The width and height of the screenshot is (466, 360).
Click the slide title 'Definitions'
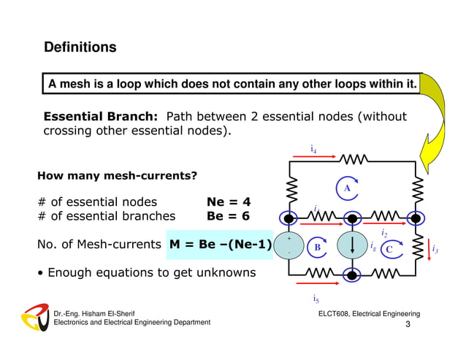pos(80,47)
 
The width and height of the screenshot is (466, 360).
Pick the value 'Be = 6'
pos(229,216)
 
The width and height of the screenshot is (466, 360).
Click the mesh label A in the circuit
pos(348,188)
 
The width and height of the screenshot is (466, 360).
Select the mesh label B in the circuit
pos(317,248)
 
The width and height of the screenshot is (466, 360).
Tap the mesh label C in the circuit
pos(389,249)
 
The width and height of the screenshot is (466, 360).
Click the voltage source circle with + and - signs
pos(290,246)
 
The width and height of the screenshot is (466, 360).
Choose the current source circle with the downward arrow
pos(353,246)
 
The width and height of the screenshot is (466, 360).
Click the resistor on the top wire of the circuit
pos(353,158)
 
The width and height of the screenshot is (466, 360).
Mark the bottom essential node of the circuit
pos(353,275)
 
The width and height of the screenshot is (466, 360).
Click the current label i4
pos(313,150)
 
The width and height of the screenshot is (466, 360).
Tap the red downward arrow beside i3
pos(427,249)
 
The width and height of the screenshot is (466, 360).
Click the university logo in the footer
pos(34,317)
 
